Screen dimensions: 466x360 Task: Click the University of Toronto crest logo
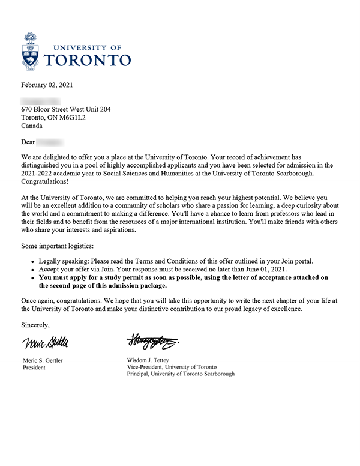33,51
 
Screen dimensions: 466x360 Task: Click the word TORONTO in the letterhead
88,60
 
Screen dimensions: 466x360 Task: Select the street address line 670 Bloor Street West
66,110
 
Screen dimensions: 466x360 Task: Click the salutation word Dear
28,143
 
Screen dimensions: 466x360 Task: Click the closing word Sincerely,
35,325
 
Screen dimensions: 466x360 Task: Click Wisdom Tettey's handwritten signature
152,342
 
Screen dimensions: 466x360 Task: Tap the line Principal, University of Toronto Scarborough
181,374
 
